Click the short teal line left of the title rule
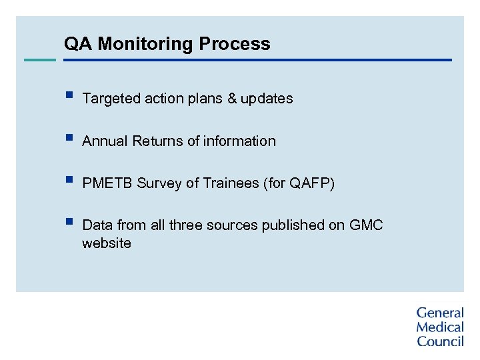(x=40, y=60)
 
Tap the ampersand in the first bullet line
(x=232, y=99)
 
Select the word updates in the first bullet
(x=267, y=99)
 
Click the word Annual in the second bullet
(x=105, y=141)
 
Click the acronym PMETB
(x=107, y=183)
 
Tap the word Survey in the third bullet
(x=159, y=183)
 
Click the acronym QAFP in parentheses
(x=310, y=183)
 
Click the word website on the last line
(x=107, y=243)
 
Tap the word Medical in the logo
(x=440, y=327)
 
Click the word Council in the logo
(x=440, y=341)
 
